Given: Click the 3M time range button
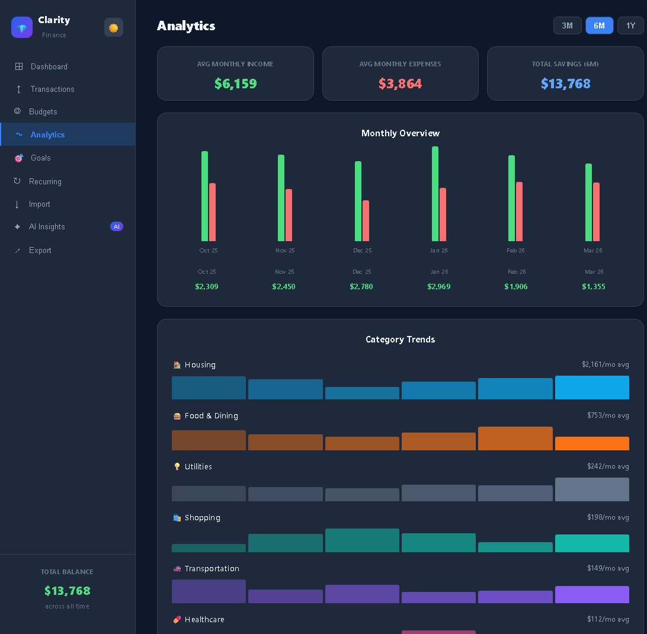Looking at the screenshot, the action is (568, 25).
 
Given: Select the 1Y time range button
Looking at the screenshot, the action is (630, 25).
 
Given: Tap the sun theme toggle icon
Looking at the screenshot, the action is (114, 28).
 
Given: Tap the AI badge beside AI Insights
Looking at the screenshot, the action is (117, 226).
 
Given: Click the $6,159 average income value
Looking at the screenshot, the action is (236, 84).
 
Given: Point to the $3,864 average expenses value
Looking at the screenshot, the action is (401, 84).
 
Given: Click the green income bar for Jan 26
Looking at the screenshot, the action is (435, 194).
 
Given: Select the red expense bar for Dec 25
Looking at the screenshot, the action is (366, 221).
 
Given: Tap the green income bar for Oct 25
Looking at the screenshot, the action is (204, 196).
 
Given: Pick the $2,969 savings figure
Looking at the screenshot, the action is (438, 286).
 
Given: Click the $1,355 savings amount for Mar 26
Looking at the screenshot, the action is (593, 286).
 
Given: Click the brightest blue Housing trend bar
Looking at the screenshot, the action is (592, 387).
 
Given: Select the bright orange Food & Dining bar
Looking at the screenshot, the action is (592, 443).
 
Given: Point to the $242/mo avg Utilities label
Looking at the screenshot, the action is (608, 466).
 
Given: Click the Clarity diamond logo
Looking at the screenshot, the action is (22, 27).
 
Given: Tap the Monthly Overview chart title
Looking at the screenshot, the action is (401, 133).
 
